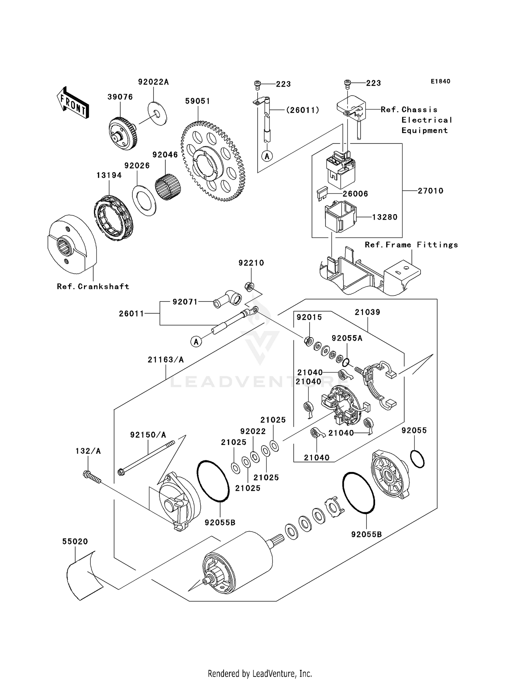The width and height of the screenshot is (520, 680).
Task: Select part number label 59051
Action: pyautogui.click(x=198, y=101)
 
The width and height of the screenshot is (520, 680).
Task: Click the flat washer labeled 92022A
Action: pyautogui.click(x=157, y=113)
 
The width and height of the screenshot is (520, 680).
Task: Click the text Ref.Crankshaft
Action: pyautogui.click(x=93, y=287)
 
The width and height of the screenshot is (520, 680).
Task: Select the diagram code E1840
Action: pyautogui.click(x=441, y=81)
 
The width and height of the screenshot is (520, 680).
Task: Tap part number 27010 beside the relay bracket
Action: pyautogui.click(x=430, y=191)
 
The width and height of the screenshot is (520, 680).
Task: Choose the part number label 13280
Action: pyautogui.click(x=385, y=217)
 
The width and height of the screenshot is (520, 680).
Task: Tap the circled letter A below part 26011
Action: pyautogui.click(x=196, y=342)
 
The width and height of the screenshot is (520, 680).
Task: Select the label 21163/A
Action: pyautogui.click(x=166, y=360)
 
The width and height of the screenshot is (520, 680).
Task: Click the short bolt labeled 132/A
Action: pyautogui.click(x=92, y=477)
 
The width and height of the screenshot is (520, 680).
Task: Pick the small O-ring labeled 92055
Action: pyautogui.click(x=417, y=459)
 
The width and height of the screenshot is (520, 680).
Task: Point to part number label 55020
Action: pyautogui.click(x=75, y=541)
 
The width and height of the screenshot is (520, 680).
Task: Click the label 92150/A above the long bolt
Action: pyautogui.click(x=148, y=435)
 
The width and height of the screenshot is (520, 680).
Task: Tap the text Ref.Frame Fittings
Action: pyautogui.click(x=411, y=245)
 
